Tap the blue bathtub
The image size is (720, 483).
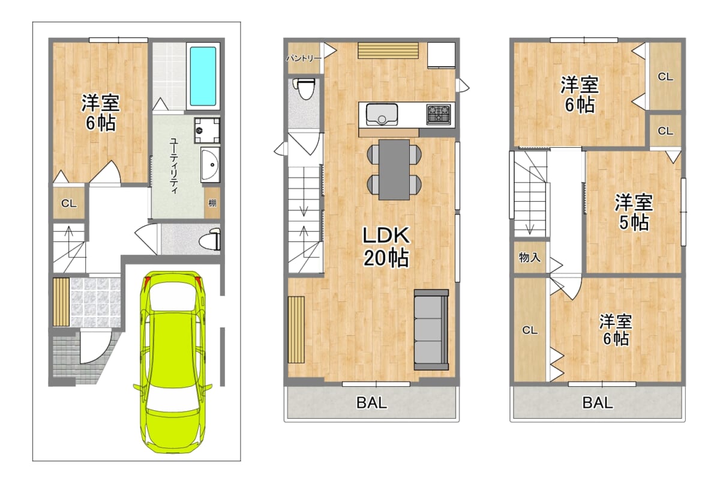[x=203, y=76]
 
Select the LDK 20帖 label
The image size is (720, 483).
[x=386, y=246]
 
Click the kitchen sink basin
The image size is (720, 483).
[x=382, y=114]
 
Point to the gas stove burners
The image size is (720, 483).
[x=439, y=114]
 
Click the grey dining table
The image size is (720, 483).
[x=394, y=169]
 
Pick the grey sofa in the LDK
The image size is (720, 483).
[x=431, y=329]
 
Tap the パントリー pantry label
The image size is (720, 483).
[x=304, y=58]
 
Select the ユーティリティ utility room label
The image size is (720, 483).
[x=174, y=166]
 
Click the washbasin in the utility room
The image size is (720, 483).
[x=211, y=165]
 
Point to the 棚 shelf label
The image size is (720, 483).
[x=212, y=203]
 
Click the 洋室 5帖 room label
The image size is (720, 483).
[x=634, y=213]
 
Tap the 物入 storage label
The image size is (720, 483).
[x=530, y=258]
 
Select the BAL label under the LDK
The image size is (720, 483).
[x=372, y=403]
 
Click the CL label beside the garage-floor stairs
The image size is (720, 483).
[x=69, y=204]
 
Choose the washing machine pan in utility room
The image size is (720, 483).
[x=207, y=130]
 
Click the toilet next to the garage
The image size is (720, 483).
[x=210, y=240]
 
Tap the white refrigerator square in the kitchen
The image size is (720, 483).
[x=441, y=55]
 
